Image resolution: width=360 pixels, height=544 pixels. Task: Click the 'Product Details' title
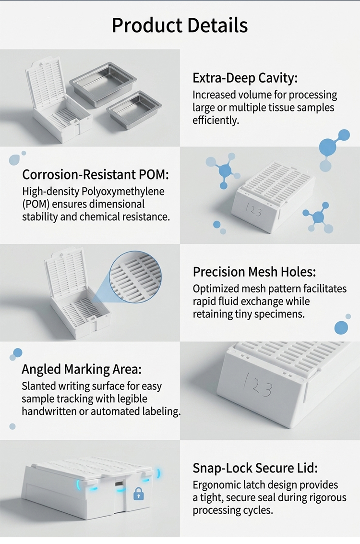(180, 25)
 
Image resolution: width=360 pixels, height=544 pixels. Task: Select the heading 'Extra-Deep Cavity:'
(245, 78)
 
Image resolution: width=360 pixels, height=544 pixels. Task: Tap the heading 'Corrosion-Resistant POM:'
(96, 174)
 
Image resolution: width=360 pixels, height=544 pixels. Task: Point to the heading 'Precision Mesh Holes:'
(254, 272)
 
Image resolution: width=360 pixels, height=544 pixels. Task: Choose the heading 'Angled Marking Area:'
(82, 369)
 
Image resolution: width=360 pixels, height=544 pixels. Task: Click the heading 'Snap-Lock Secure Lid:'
(255, 468)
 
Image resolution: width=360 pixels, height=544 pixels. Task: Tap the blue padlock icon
(139, 494)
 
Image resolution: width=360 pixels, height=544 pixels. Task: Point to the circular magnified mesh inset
(136, 277)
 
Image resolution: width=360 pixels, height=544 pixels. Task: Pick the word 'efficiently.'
(216, 121)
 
